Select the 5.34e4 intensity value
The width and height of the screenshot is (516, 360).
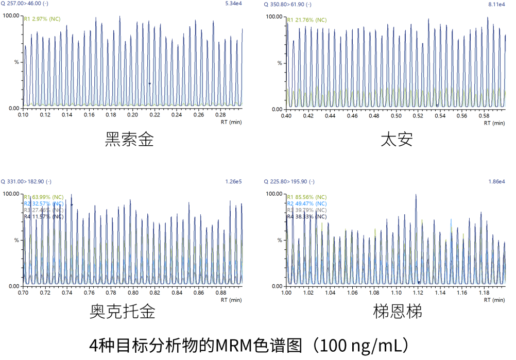(x=234, y=4)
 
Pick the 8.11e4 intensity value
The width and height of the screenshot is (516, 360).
(x=497, y=5)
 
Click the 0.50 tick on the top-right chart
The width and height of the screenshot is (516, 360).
(x=396, y=115)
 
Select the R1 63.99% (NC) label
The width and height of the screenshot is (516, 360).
(x=44, y=197)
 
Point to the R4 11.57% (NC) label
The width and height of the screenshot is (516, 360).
(x=44, y=217)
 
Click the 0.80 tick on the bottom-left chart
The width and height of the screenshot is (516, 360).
(x=133, y=293)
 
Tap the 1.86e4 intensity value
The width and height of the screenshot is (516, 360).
(x=497, y=181)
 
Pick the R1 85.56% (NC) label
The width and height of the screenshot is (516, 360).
(x=306, y=197)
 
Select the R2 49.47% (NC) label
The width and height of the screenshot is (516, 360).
(x=306, y=203)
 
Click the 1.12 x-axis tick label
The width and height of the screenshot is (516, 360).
(x=418, y=293)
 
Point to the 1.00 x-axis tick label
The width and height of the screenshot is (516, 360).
(x=286, y=293)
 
